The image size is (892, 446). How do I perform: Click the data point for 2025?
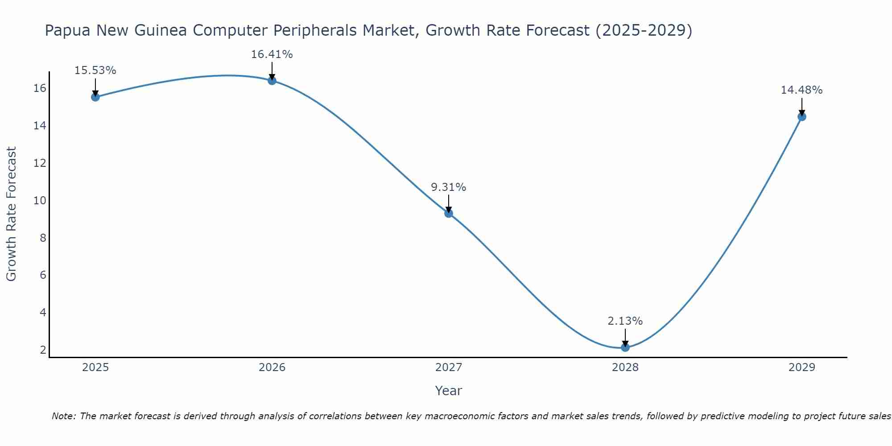click(95, 97)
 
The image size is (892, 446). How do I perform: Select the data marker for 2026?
click(272, 80)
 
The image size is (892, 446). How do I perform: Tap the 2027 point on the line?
click(449, 213)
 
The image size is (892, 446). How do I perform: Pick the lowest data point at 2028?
click(625, 347)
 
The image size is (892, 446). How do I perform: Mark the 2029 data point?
click(801, 117)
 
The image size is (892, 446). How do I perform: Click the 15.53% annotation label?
click(95, 70)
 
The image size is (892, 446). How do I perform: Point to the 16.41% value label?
click(272, 54)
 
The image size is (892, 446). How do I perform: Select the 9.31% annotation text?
click(449, 187)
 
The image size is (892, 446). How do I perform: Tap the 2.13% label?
click(625, 321)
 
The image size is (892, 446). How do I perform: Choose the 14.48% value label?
click(801, 90)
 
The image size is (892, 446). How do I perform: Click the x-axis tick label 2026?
click(272, 368)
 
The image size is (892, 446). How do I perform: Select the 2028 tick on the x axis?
click(625, 368)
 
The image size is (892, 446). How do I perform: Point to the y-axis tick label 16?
click(40, 88)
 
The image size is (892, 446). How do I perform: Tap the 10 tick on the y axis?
click(40, 200)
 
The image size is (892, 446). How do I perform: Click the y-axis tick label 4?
click(43, 312)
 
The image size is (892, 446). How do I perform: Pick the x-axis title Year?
click(449, 391)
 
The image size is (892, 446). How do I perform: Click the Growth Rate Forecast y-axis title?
click(12, 214)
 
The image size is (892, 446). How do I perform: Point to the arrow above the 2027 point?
click(449, 203)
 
